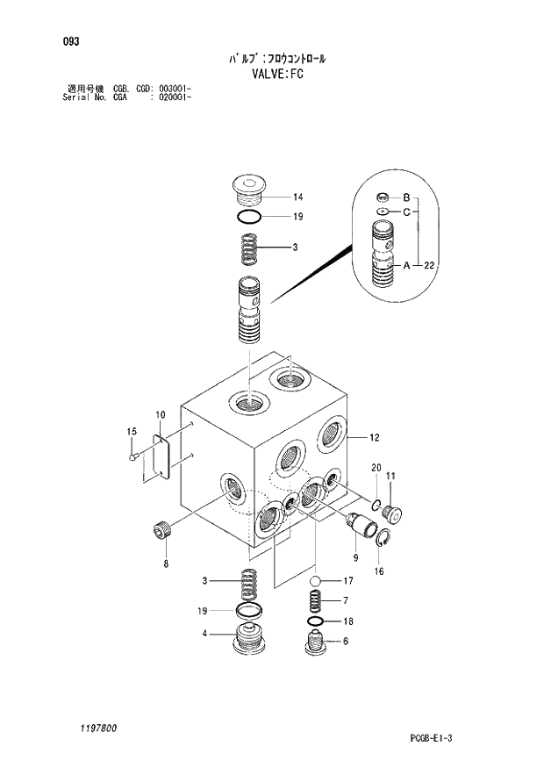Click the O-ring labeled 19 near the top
click(x=250, y=216)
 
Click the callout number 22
click(x=428, y=265)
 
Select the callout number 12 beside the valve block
click(x=374, y=437)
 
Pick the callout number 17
click(x=347, y=580)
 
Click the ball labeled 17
click(x=317, y=580)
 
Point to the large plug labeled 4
click(x=250, y=646)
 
